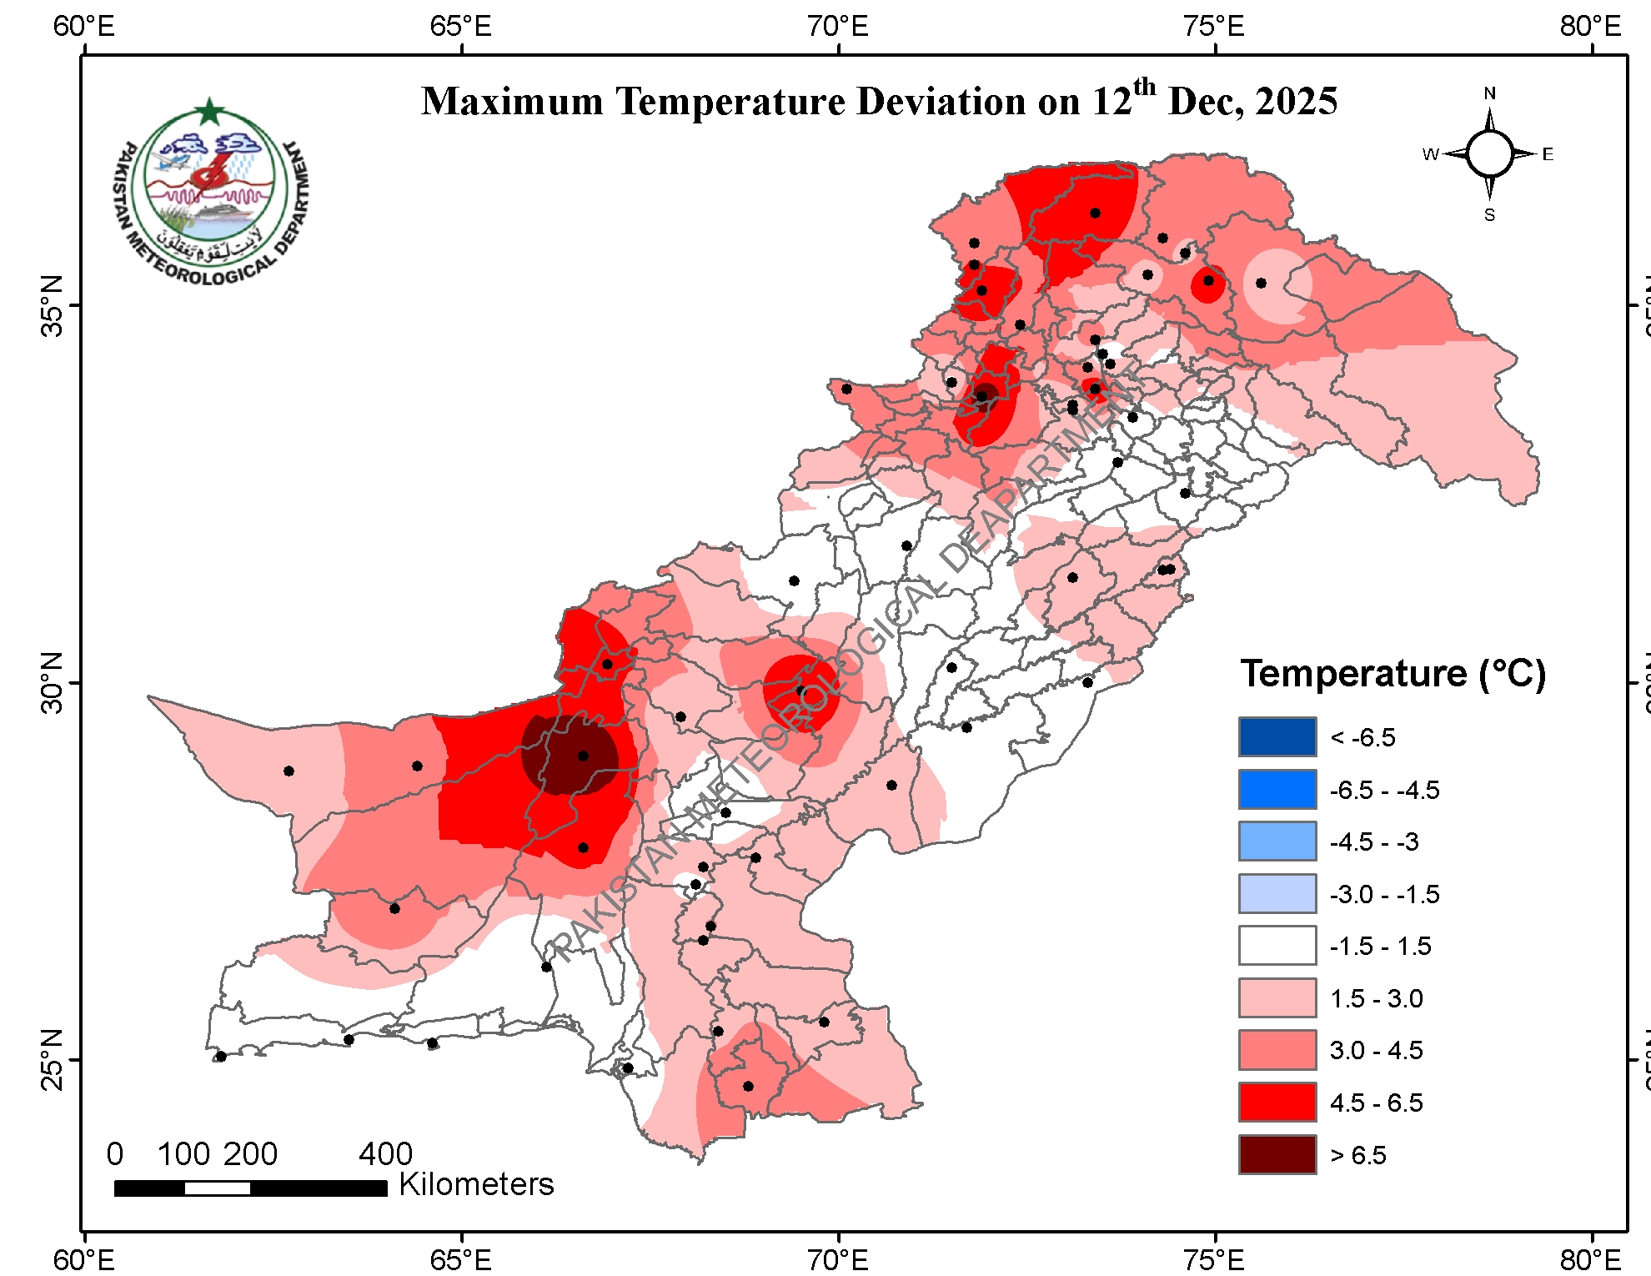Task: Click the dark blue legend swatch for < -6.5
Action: point(1277,736)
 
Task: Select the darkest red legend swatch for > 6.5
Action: point(1277,1154)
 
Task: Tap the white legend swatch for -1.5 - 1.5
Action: point(1277,946)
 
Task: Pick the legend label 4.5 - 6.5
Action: point(1376,1103)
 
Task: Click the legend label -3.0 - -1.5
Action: point(1384,894)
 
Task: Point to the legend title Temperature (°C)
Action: point(1393,673)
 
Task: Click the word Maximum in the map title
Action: point(512,102)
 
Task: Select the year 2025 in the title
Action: point(1296,102)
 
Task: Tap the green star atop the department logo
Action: point(209,111)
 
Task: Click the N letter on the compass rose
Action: point(1489,93)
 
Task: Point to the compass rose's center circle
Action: point(1489,154)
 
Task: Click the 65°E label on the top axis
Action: point(460,27)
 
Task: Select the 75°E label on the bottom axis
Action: point(1214,1258)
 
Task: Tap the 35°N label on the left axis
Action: point(52,305)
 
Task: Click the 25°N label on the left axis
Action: point(52,1059)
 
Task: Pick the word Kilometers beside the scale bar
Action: point(476,1184)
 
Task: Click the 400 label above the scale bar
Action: point(385,1154)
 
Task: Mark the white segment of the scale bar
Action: point(217,1188)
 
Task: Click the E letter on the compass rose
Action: point(1548,154)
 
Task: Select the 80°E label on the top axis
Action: point(1591,27)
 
